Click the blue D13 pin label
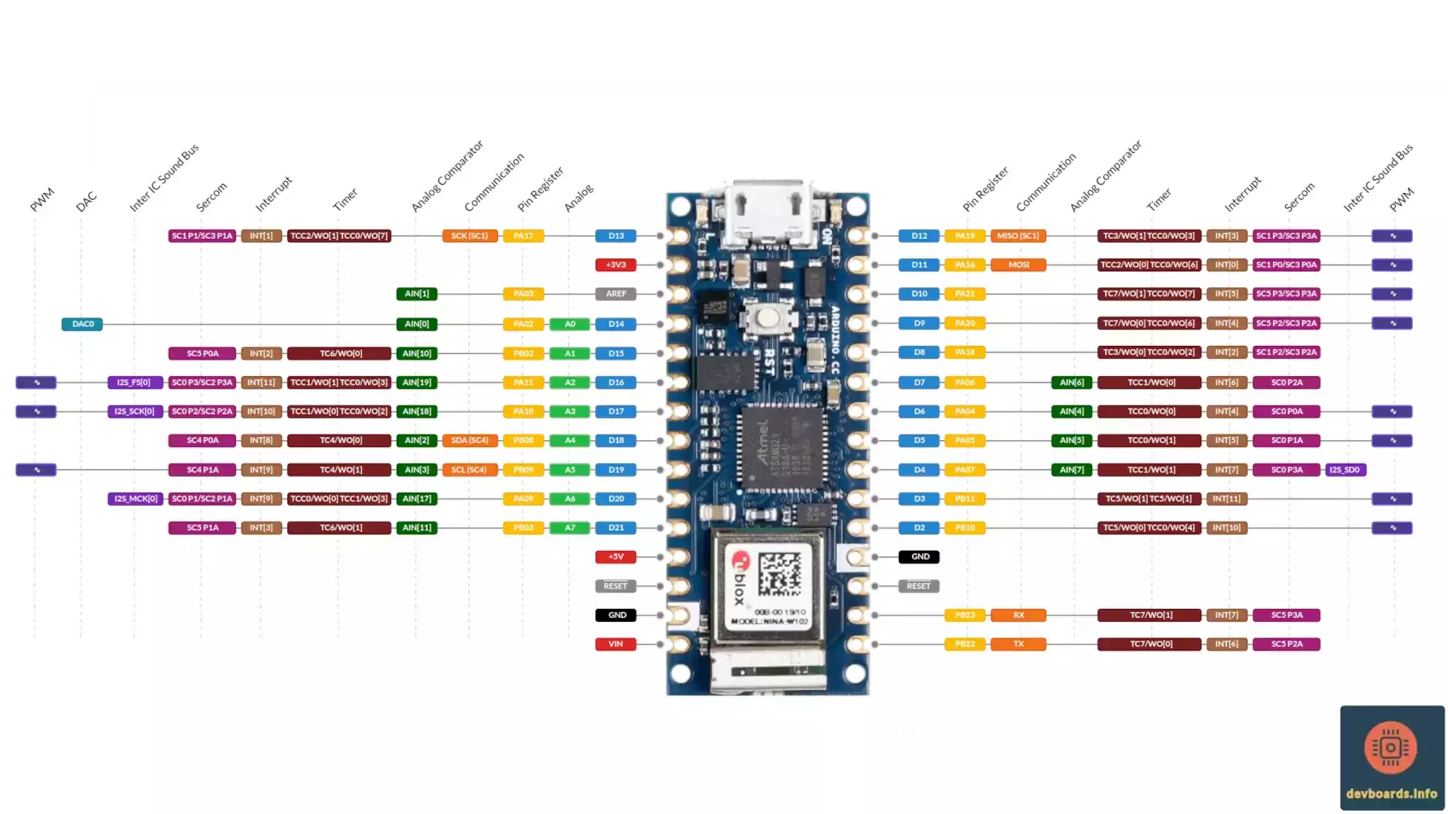(x=615, y=236)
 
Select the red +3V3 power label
(x=615, y=265)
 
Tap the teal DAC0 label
(x=82, y=324)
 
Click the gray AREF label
(x=615, y=294)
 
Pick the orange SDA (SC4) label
(x=469, y=440)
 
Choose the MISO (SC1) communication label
(x=1017, y=236)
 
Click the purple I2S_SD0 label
(x=1345, y=470)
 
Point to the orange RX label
(x=1018, y=615)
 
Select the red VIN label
(x=615, y=644)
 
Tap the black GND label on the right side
(x=919, y=557)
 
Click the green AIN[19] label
(x=416, y=382)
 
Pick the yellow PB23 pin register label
(x=965, y=615)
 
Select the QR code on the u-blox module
(x=779, y=574)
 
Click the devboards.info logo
(x=1391, y=757)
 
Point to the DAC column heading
(x=86, y=201)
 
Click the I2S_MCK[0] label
(x=135, y=499)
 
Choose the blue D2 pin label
(x=919, y=528)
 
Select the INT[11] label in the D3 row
(x=1226, y=499)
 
